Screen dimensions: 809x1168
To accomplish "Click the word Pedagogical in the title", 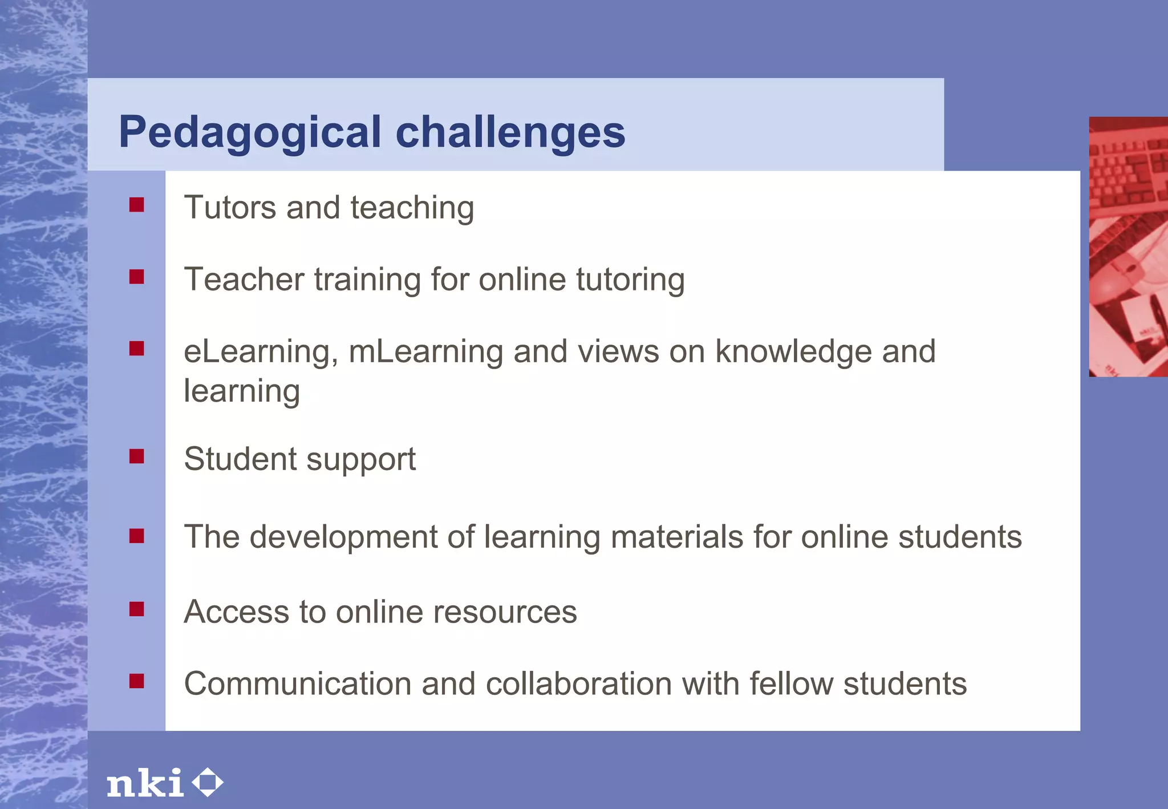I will pos(250,132).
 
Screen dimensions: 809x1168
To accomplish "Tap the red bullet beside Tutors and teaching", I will pos(137,205).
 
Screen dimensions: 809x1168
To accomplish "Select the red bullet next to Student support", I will pos(137,456).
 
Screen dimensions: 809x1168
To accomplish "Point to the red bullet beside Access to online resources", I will pos(137,609).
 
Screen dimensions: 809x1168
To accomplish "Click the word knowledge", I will pos(793,351).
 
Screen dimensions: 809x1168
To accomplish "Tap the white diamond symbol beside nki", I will pos(207,782).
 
